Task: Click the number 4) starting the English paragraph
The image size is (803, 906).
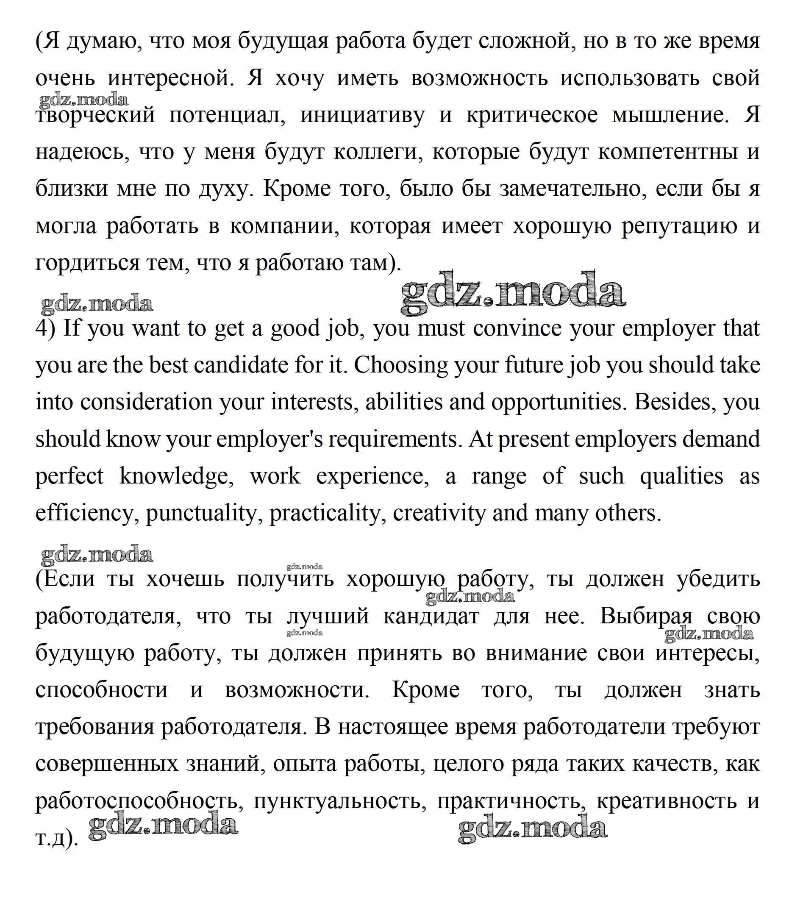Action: point(45,329)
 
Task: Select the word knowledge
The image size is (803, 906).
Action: point(176,476)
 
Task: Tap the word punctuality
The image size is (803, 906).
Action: point(201,513)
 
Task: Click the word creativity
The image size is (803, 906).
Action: point(439,513)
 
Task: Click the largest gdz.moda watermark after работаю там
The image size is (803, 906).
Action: point(513,292)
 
